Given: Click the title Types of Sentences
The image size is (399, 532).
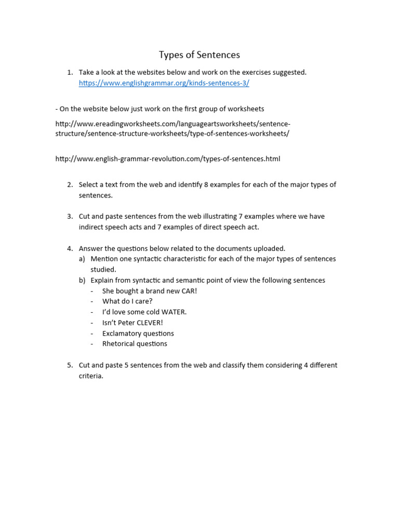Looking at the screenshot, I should [x=199, y=55].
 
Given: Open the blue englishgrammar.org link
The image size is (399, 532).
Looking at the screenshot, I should [x=164, y=83].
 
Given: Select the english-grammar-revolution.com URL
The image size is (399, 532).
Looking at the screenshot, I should [x=168, y=158].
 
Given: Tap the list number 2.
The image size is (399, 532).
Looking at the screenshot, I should [x=70, y=185].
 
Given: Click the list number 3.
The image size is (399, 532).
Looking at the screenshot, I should [x=70, y=217].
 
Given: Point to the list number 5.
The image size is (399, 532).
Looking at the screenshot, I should [x=70, y=365].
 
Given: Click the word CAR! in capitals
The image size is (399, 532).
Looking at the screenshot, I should [x=187, y=291].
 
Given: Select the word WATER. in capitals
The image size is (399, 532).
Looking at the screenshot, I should [x=174, y=312].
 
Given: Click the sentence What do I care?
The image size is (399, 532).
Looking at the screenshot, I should [x=127, y=301].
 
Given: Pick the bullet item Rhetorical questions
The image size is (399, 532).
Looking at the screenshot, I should [x=135, y=344].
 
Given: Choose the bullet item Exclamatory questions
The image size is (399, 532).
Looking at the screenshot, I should [x=138, y=333].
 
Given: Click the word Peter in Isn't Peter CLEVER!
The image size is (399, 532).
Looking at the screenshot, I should [x=128, y=323].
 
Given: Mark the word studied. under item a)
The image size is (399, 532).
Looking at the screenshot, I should [x=103, y=270].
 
